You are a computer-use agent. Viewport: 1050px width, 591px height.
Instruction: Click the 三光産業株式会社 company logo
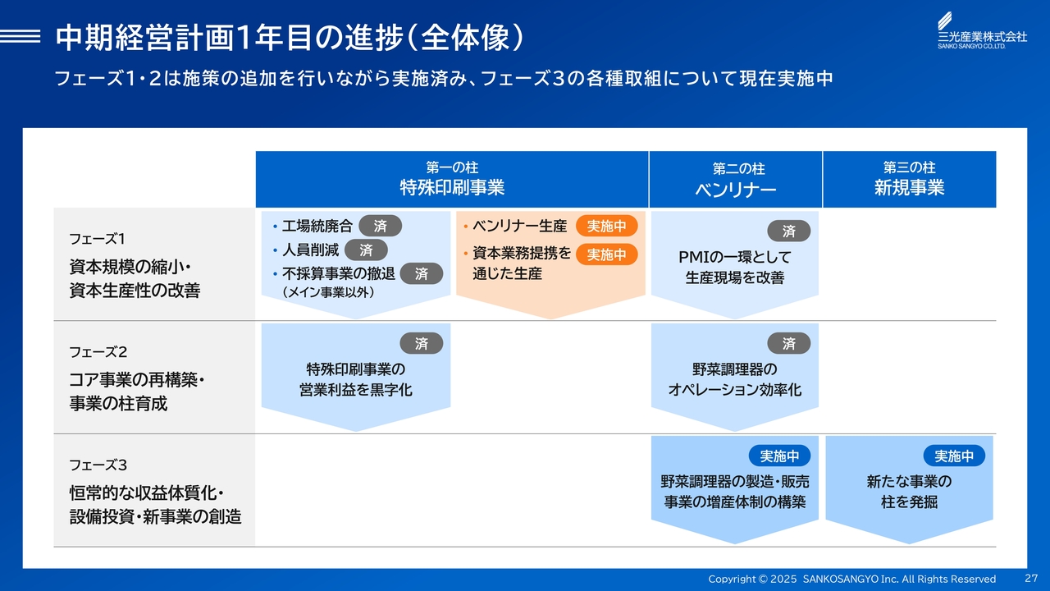pos(982,30)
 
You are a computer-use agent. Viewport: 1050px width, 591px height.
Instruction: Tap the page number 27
pos(1031,578)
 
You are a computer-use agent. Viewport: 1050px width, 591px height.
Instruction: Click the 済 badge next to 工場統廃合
pos(380,226)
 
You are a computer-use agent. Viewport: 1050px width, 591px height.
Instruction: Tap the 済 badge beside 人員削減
pos(366,250)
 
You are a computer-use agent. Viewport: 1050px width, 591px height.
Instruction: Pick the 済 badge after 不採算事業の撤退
pos(422,273)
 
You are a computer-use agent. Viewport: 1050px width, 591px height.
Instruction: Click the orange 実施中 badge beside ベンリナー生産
pos(606,226)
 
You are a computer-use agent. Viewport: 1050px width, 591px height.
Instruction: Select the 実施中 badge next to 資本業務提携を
pos(606,254)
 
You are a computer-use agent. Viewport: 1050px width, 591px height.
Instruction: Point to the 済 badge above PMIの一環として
pos(789,231)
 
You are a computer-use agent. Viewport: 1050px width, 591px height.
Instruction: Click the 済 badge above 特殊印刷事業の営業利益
pos(422,343)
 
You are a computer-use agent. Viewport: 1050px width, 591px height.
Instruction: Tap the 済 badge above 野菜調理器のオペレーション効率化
pos(789,343)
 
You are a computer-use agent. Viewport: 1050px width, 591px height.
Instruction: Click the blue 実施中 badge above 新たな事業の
pos(954,456)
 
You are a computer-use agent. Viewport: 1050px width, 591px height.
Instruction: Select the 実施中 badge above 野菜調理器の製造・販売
pos(779,456)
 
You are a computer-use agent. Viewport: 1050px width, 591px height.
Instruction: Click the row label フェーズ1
pos(97,239)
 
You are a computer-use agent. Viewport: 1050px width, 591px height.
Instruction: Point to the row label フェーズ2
pos(98,352)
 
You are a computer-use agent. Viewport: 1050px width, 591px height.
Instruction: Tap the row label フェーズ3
pos(98,465)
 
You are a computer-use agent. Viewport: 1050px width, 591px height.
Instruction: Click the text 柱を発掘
pos(910,502)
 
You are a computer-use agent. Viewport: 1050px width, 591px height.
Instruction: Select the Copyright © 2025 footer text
pos(752,579)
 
